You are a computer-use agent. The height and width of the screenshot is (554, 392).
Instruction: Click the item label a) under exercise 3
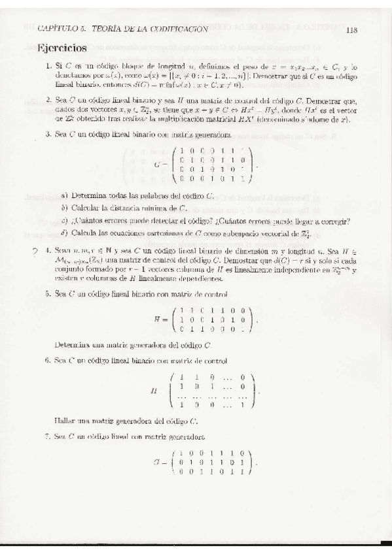(x=64, y=195)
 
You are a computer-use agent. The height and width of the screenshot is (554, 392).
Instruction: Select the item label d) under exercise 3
(x=64, y=233)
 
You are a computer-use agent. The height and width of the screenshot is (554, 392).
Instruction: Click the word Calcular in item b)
(x=86, y=208)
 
